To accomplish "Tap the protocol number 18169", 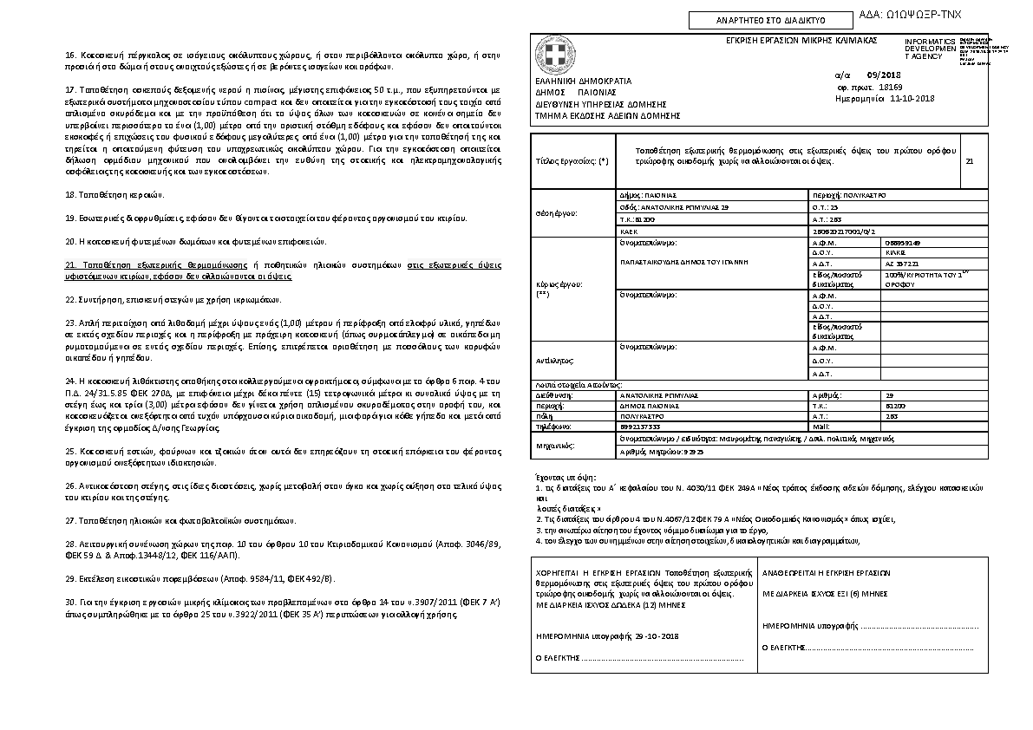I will click(890, 87).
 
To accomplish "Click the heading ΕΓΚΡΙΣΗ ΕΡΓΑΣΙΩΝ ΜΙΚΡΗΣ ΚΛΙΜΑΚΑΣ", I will click(801, 41).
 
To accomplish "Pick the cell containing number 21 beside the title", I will click(969, 161).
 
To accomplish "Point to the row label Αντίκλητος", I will click(554, 360).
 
